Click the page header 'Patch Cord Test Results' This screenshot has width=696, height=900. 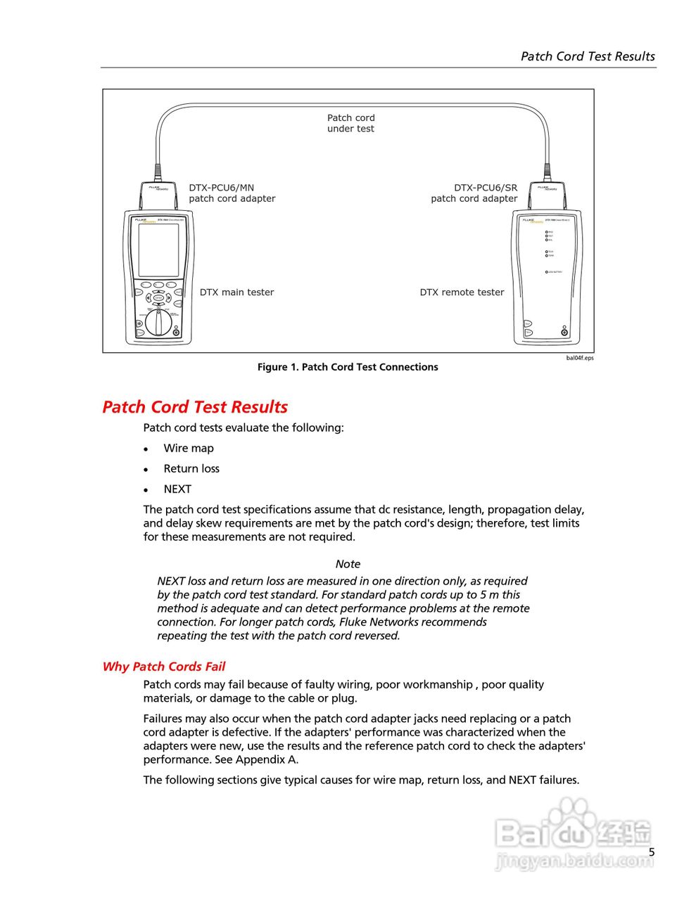(588, 56)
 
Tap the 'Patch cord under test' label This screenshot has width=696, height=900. (350, 123)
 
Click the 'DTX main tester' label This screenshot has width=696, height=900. (236, 292)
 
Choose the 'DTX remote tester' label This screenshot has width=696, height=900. (462, 292)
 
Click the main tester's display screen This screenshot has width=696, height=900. (158, 250)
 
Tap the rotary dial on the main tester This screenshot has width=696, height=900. (158, 323)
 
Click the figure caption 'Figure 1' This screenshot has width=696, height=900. (348, 367)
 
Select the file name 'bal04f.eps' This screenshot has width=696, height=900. (580, 358)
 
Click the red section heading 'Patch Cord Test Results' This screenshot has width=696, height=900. (195, 407)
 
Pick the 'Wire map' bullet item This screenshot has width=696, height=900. (189, 449)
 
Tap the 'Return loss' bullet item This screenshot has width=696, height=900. (191, 469)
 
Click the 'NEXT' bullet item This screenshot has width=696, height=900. (177, 489)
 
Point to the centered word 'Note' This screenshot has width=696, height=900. (348, 564)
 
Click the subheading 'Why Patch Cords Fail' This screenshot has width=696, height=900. (164, 667)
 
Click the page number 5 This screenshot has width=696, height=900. (652, 852)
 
